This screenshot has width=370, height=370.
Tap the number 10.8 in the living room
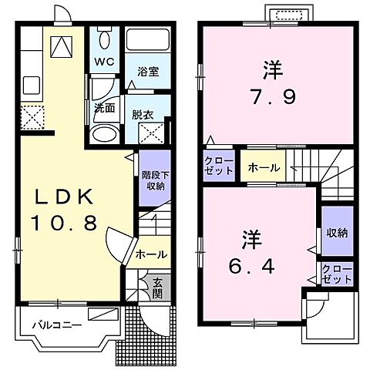coord(63,224)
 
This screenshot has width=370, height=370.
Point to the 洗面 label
coord(104,108)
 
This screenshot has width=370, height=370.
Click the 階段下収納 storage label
coord(154,178)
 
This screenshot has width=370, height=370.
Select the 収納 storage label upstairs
coord(337,232)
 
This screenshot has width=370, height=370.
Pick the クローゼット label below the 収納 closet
coord(337,273)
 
